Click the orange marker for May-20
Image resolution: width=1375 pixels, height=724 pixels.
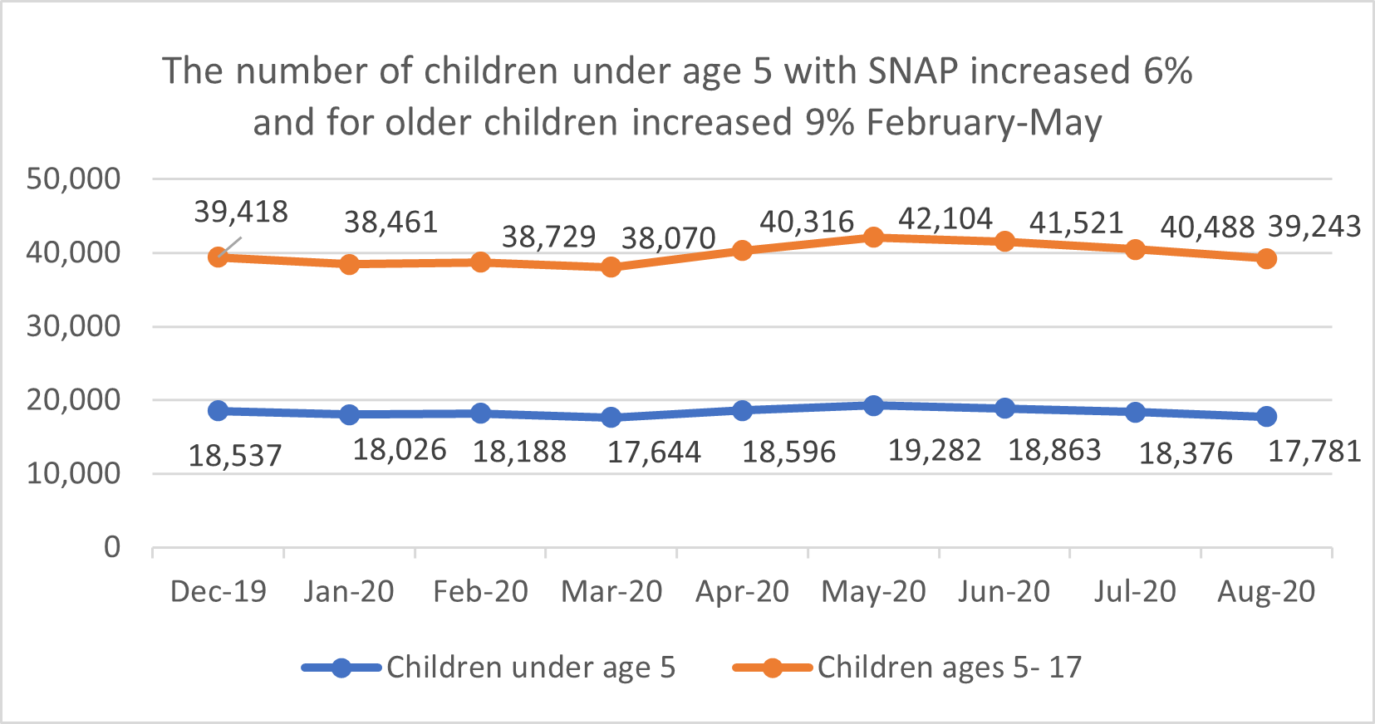873,237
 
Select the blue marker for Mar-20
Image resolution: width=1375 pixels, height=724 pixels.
611,417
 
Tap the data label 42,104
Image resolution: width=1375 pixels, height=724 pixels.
945,219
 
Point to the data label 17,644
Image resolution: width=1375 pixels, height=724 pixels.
654,452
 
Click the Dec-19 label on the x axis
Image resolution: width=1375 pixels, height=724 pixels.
218,591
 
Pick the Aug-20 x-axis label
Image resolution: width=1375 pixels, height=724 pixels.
1266,591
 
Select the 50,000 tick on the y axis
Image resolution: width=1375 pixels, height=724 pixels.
73,179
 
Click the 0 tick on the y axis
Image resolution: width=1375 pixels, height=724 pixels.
111,547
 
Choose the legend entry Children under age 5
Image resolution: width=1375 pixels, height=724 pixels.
530,668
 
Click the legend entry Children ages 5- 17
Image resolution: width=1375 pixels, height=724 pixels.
949,668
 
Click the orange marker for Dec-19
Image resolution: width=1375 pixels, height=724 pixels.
219,257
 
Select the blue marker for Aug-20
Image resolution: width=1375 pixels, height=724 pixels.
1266,416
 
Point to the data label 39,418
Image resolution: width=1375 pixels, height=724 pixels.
241,212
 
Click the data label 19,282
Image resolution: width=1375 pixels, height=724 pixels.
935,451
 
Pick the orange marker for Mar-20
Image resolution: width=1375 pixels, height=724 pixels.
611,267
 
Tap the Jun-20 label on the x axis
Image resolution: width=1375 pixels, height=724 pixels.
1004,591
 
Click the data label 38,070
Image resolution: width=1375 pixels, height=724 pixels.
668,239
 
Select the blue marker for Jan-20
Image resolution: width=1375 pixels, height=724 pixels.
349,414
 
